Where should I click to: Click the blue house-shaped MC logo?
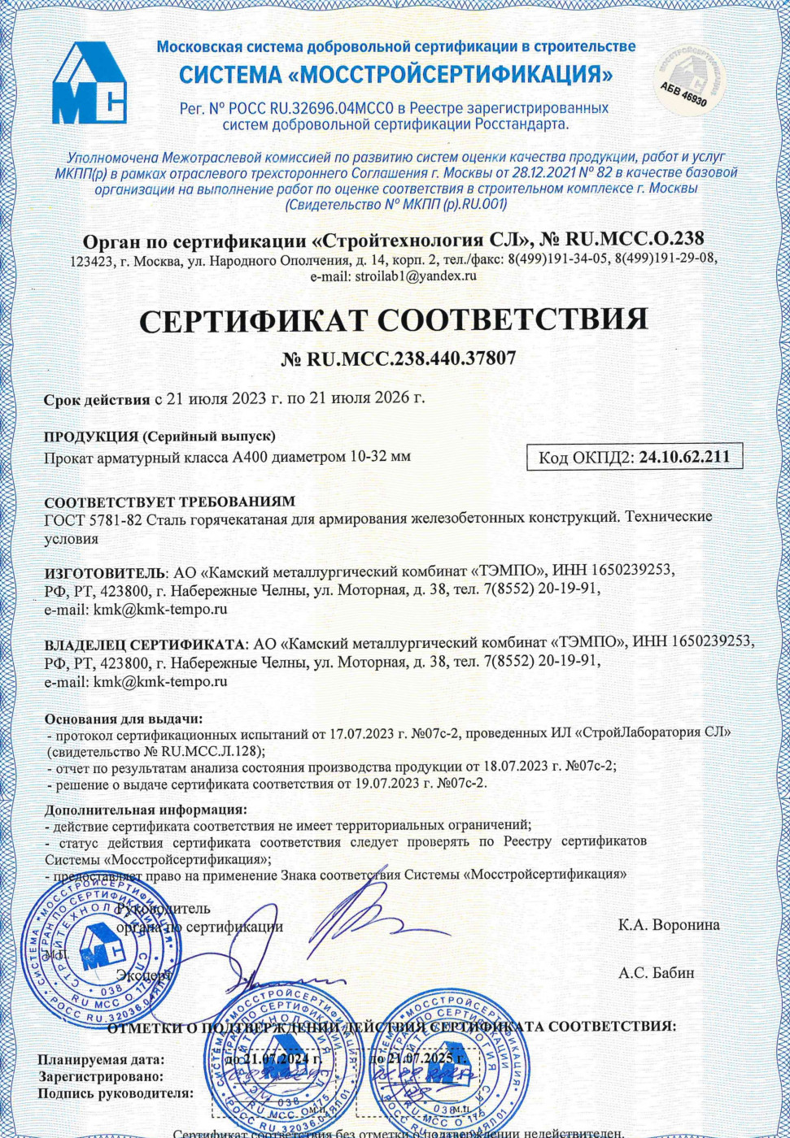(x=89, y=84)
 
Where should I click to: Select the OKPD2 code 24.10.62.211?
(x=684, y=458)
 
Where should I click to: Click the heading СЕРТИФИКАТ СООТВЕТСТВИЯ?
(x=394, y=319)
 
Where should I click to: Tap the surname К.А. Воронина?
(x=669, y=925)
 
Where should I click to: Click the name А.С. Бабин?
(x=656, y=973)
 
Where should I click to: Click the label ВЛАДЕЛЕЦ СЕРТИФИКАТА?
(x=145, y=644)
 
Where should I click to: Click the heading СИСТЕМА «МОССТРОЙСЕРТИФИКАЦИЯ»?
(x=395, y=76)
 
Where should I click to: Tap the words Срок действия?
(x=97, y=399)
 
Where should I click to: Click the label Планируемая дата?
(x=101, y=1060)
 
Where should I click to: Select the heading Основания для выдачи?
(x=124, y=719)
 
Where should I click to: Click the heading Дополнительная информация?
(x=146, y=810)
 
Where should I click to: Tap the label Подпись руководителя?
(x=116, y=1093)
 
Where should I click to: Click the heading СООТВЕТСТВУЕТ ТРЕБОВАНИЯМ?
(x=169, y=502)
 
